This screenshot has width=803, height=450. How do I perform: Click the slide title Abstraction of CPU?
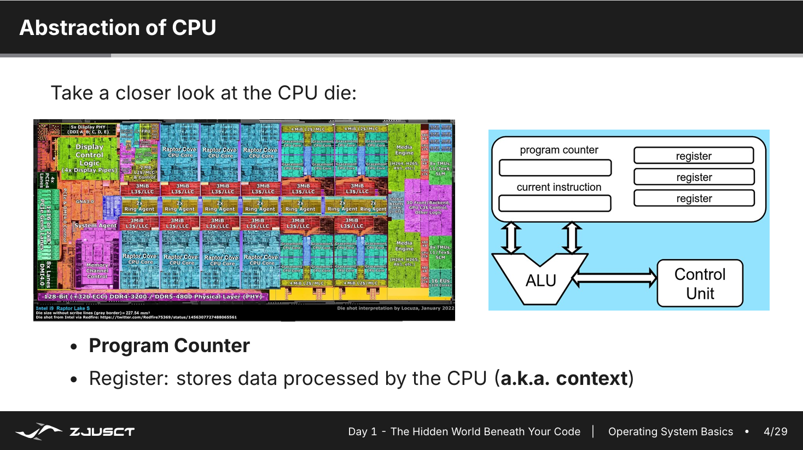118,27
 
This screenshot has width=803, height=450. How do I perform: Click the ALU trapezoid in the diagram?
540,279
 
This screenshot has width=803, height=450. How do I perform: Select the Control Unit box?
700,283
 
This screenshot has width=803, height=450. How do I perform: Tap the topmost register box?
694,156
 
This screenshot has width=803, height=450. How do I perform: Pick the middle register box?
694,177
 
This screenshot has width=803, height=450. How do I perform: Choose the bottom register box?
694,198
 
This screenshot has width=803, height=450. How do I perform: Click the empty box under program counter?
555,167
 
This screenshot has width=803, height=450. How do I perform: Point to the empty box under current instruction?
555,203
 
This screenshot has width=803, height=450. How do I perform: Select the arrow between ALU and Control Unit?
615,278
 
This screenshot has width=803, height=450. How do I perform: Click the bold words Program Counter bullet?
169,346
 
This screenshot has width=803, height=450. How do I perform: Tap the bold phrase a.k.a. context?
564,378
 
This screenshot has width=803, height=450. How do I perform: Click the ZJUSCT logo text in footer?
102,431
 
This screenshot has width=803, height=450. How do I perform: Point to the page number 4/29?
775,431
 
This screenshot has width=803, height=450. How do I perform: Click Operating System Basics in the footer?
670,431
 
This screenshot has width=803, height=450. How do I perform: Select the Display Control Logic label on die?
89,155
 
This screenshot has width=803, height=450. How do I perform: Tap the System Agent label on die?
95,225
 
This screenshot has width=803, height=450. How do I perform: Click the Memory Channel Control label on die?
97,271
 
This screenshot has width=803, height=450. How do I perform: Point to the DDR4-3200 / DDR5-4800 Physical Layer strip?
153,296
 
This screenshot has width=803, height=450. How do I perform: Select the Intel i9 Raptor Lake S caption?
62,308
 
